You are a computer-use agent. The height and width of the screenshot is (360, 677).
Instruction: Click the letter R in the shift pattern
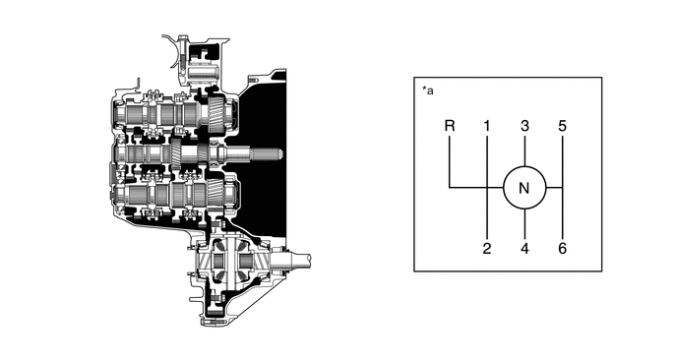pyautogui.click(x=450, y=126)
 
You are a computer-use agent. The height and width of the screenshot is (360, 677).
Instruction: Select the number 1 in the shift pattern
pyautogui.click(x=486, y=126)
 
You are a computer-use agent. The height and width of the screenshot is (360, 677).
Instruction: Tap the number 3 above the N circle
pyautogui.click(x=524, y=126)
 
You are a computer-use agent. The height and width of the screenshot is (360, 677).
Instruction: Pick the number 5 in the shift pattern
pyautogui.click(x=562, y=126)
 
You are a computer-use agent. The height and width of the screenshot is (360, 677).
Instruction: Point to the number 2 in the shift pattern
pyautogui.click(x=487, y=249)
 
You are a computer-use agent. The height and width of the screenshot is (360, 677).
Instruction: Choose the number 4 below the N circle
pyautogui.click(x=524, y=249)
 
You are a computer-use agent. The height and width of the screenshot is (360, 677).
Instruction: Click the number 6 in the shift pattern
pyautogui.click(x=562, y=249)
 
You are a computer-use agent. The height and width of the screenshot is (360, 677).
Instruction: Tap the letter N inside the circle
pyautogui.click(x=524, y=189)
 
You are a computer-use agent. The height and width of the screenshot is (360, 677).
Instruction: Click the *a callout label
pyautogui.click(x=427, y=90)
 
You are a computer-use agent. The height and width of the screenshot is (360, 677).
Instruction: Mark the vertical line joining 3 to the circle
pyautogui.click(x=524, y=151)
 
